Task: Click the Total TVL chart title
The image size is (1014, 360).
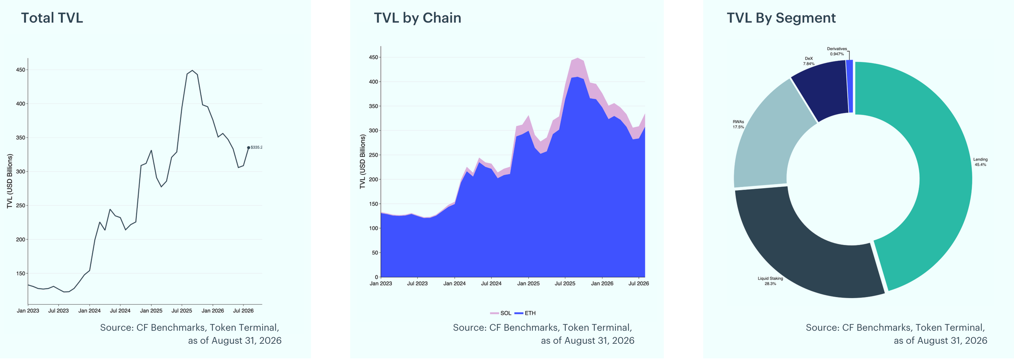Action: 52,18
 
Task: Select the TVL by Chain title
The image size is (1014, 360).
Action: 417,18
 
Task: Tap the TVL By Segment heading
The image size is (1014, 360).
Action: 781,18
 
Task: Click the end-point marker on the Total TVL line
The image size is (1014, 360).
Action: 248,148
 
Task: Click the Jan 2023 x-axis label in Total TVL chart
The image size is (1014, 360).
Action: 28,310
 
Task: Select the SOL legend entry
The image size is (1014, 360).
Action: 501,313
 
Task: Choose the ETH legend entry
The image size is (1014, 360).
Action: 525,313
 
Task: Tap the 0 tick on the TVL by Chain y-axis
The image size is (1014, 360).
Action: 376,277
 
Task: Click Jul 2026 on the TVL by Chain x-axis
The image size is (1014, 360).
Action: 639,283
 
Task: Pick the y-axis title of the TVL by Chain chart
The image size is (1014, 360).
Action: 363,162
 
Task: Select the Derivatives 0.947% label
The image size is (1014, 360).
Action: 837,51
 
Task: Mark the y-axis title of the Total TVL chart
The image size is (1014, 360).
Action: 10,181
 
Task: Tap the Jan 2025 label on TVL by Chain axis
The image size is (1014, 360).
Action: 528,283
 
